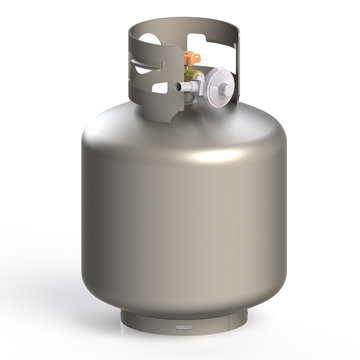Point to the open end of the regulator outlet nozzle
[x=181, y=89]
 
